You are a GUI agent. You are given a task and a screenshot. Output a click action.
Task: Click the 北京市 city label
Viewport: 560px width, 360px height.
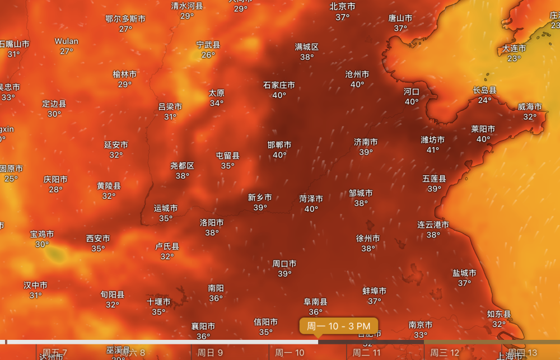pos(342,7)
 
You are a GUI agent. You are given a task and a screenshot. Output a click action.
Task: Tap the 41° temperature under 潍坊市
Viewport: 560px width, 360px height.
pos(433,149)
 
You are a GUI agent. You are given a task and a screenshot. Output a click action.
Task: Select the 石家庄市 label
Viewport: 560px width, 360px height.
pos(279,85)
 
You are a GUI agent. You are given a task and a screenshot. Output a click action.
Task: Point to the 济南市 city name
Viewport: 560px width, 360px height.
pos(366,142)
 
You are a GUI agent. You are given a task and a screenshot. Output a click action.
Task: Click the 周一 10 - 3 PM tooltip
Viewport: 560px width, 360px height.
pos(338,326)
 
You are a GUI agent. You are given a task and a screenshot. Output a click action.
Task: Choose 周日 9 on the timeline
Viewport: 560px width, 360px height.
pos(211,353)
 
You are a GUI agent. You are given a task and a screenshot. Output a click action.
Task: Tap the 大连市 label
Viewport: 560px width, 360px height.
pos(514,49)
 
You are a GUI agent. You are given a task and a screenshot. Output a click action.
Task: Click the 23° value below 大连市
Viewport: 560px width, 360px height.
pos(514,58)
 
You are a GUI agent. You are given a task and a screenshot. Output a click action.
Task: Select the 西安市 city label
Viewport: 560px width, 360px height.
pos(98,239)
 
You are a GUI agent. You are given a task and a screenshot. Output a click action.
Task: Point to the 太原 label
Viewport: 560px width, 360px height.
pos(216,93)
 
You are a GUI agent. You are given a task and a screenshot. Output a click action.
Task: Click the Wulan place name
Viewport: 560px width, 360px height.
pos(67,41)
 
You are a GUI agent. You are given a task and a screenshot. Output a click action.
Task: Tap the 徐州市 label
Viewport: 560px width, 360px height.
pos(368,239)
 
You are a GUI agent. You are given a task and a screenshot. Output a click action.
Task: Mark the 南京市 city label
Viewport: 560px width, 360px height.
pos(420,325)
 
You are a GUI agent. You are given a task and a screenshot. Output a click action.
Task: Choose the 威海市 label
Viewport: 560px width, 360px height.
pos(530,107)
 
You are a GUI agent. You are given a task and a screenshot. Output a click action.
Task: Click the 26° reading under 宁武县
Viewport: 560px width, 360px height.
pos(208,54)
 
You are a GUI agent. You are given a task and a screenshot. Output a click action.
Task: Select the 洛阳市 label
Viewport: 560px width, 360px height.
pos(212,223)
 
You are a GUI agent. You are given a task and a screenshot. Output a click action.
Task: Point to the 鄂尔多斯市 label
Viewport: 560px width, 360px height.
pos(125,19)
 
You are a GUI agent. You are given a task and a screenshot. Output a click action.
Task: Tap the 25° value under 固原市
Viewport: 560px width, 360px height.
pos(11,179)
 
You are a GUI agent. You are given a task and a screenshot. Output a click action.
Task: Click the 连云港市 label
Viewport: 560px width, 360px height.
pos(433,225)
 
